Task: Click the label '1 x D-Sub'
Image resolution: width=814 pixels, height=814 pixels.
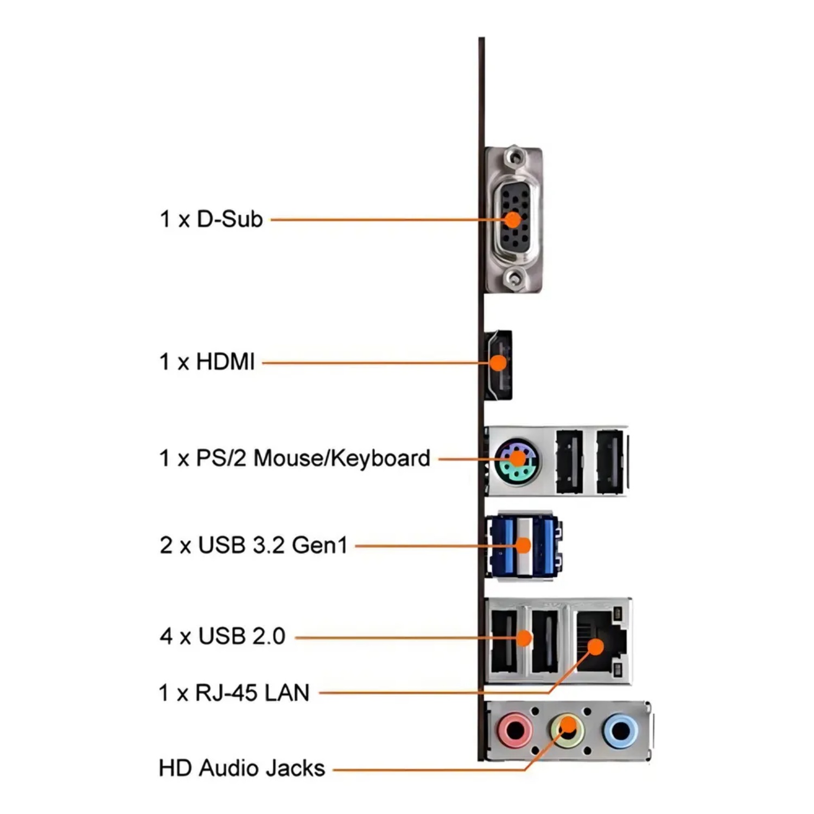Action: tap(211, 219)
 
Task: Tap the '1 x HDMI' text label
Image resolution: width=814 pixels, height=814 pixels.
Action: tap(207, 361)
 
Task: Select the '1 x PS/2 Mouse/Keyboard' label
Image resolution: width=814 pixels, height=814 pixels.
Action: tap(295, 458)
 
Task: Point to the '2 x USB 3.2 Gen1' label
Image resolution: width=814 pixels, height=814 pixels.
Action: tap(253, 545)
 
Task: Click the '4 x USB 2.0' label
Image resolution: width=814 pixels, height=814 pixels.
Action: tap(222, 636)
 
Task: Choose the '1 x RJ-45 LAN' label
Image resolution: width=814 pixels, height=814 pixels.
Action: tap(234, 693)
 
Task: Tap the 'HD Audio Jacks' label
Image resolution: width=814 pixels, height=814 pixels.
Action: tap(241, 768)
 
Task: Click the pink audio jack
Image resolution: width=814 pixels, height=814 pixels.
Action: tap(514, 730)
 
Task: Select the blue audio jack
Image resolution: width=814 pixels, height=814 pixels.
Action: tap(620, 731)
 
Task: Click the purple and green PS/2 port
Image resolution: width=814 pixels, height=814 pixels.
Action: tap(518, 460)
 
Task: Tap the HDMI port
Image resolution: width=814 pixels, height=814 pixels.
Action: tap(499, 364)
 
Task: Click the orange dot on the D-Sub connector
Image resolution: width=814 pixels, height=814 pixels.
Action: tap(512, 220)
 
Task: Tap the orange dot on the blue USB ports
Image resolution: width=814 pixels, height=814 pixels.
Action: tap(523, 545)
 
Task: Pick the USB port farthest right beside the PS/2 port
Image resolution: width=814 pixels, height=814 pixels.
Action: tap(610, 462)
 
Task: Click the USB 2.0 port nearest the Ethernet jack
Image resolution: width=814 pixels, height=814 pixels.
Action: tap(545, 641)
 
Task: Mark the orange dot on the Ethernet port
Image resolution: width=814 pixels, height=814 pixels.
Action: tap(595, 646)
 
